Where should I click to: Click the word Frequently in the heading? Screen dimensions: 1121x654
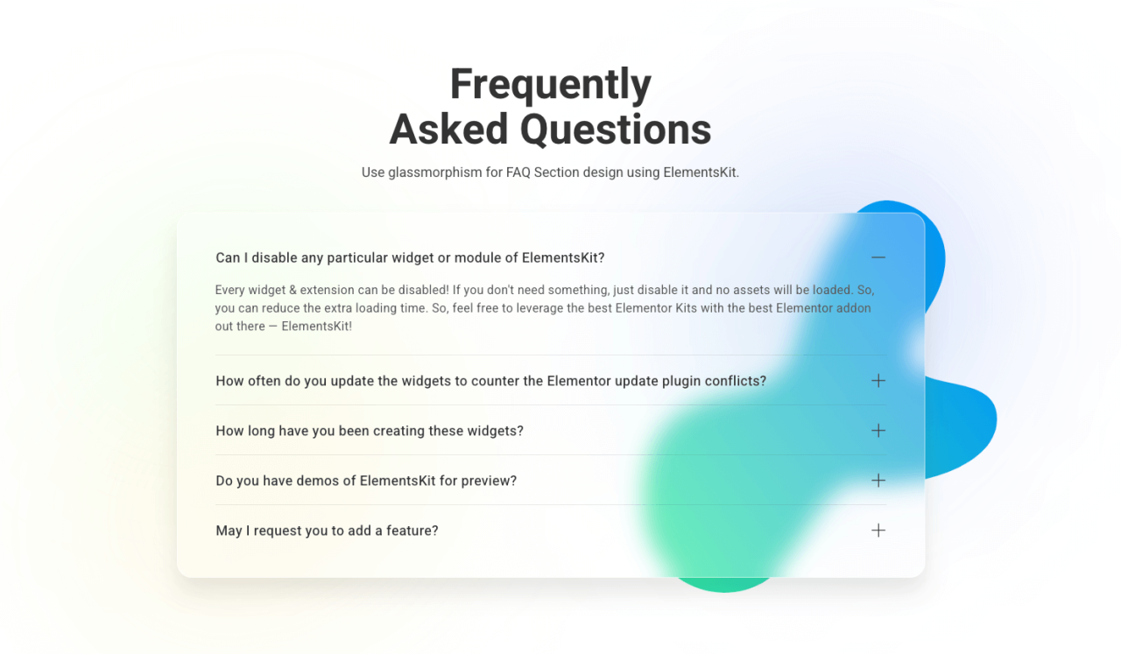point(551,85)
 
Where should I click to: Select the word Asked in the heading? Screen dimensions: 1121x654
point(449,129)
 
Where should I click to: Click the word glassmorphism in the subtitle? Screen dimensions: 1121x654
point(435,172)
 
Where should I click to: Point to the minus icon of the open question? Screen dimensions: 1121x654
point(878,257)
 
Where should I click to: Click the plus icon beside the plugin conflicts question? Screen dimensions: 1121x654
point(878,381)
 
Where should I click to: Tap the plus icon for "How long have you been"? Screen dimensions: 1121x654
point(878,431)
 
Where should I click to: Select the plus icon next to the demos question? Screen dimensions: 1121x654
point(878,481)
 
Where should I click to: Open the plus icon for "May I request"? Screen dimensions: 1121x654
point(878,531)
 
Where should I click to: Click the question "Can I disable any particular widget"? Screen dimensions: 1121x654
point(410,257)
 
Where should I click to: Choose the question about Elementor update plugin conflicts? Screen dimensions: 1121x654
point(491,382)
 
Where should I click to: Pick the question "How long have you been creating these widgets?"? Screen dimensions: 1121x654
point(370,431)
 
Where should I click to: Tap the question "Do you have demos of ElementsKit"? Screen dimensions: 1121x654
point(366,481)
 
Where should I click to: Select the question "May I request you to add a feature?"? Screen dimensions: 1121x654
point(327,531)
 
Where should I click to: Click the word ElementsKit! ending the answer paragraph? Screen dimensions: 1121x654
point(317,327)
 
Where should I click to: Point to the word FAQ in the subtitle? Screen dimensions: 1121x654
point(518,172)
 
